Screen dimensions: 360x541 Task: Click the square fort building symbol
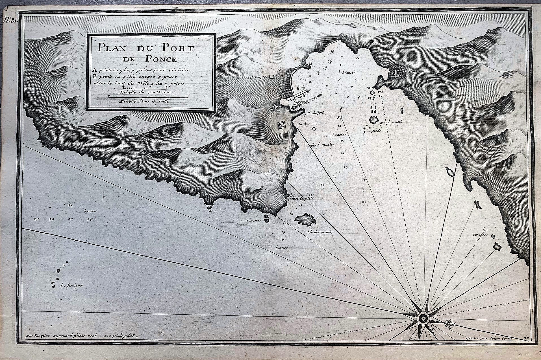tap(281, 125)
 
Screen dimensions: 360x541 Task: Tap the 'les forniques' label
tap(72, 285)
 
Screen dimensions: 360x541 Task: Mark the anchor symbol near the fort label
tap(313, 129)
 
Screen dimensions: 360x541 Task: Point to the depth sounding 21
tap(364, 202)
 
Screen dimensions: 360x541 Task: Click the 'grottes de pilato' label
tap(301, 198)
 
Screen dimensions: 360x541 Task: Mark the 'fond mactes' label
tap(322, 145)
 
